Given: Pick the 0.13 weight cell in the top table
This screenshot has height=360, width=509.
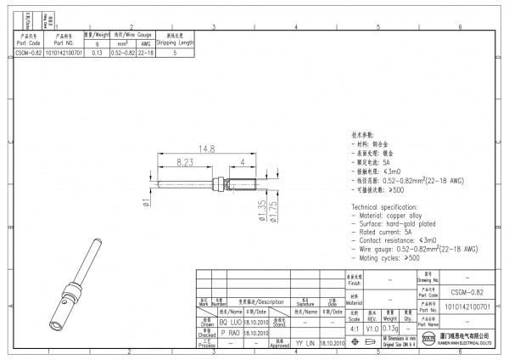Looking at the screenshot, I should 97,52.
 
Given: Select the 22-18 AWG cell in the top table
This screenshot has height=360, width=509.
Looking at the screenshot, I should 145,52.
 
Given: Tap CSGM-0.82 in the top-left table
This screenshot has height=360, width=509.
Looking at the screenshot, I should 28,52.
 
